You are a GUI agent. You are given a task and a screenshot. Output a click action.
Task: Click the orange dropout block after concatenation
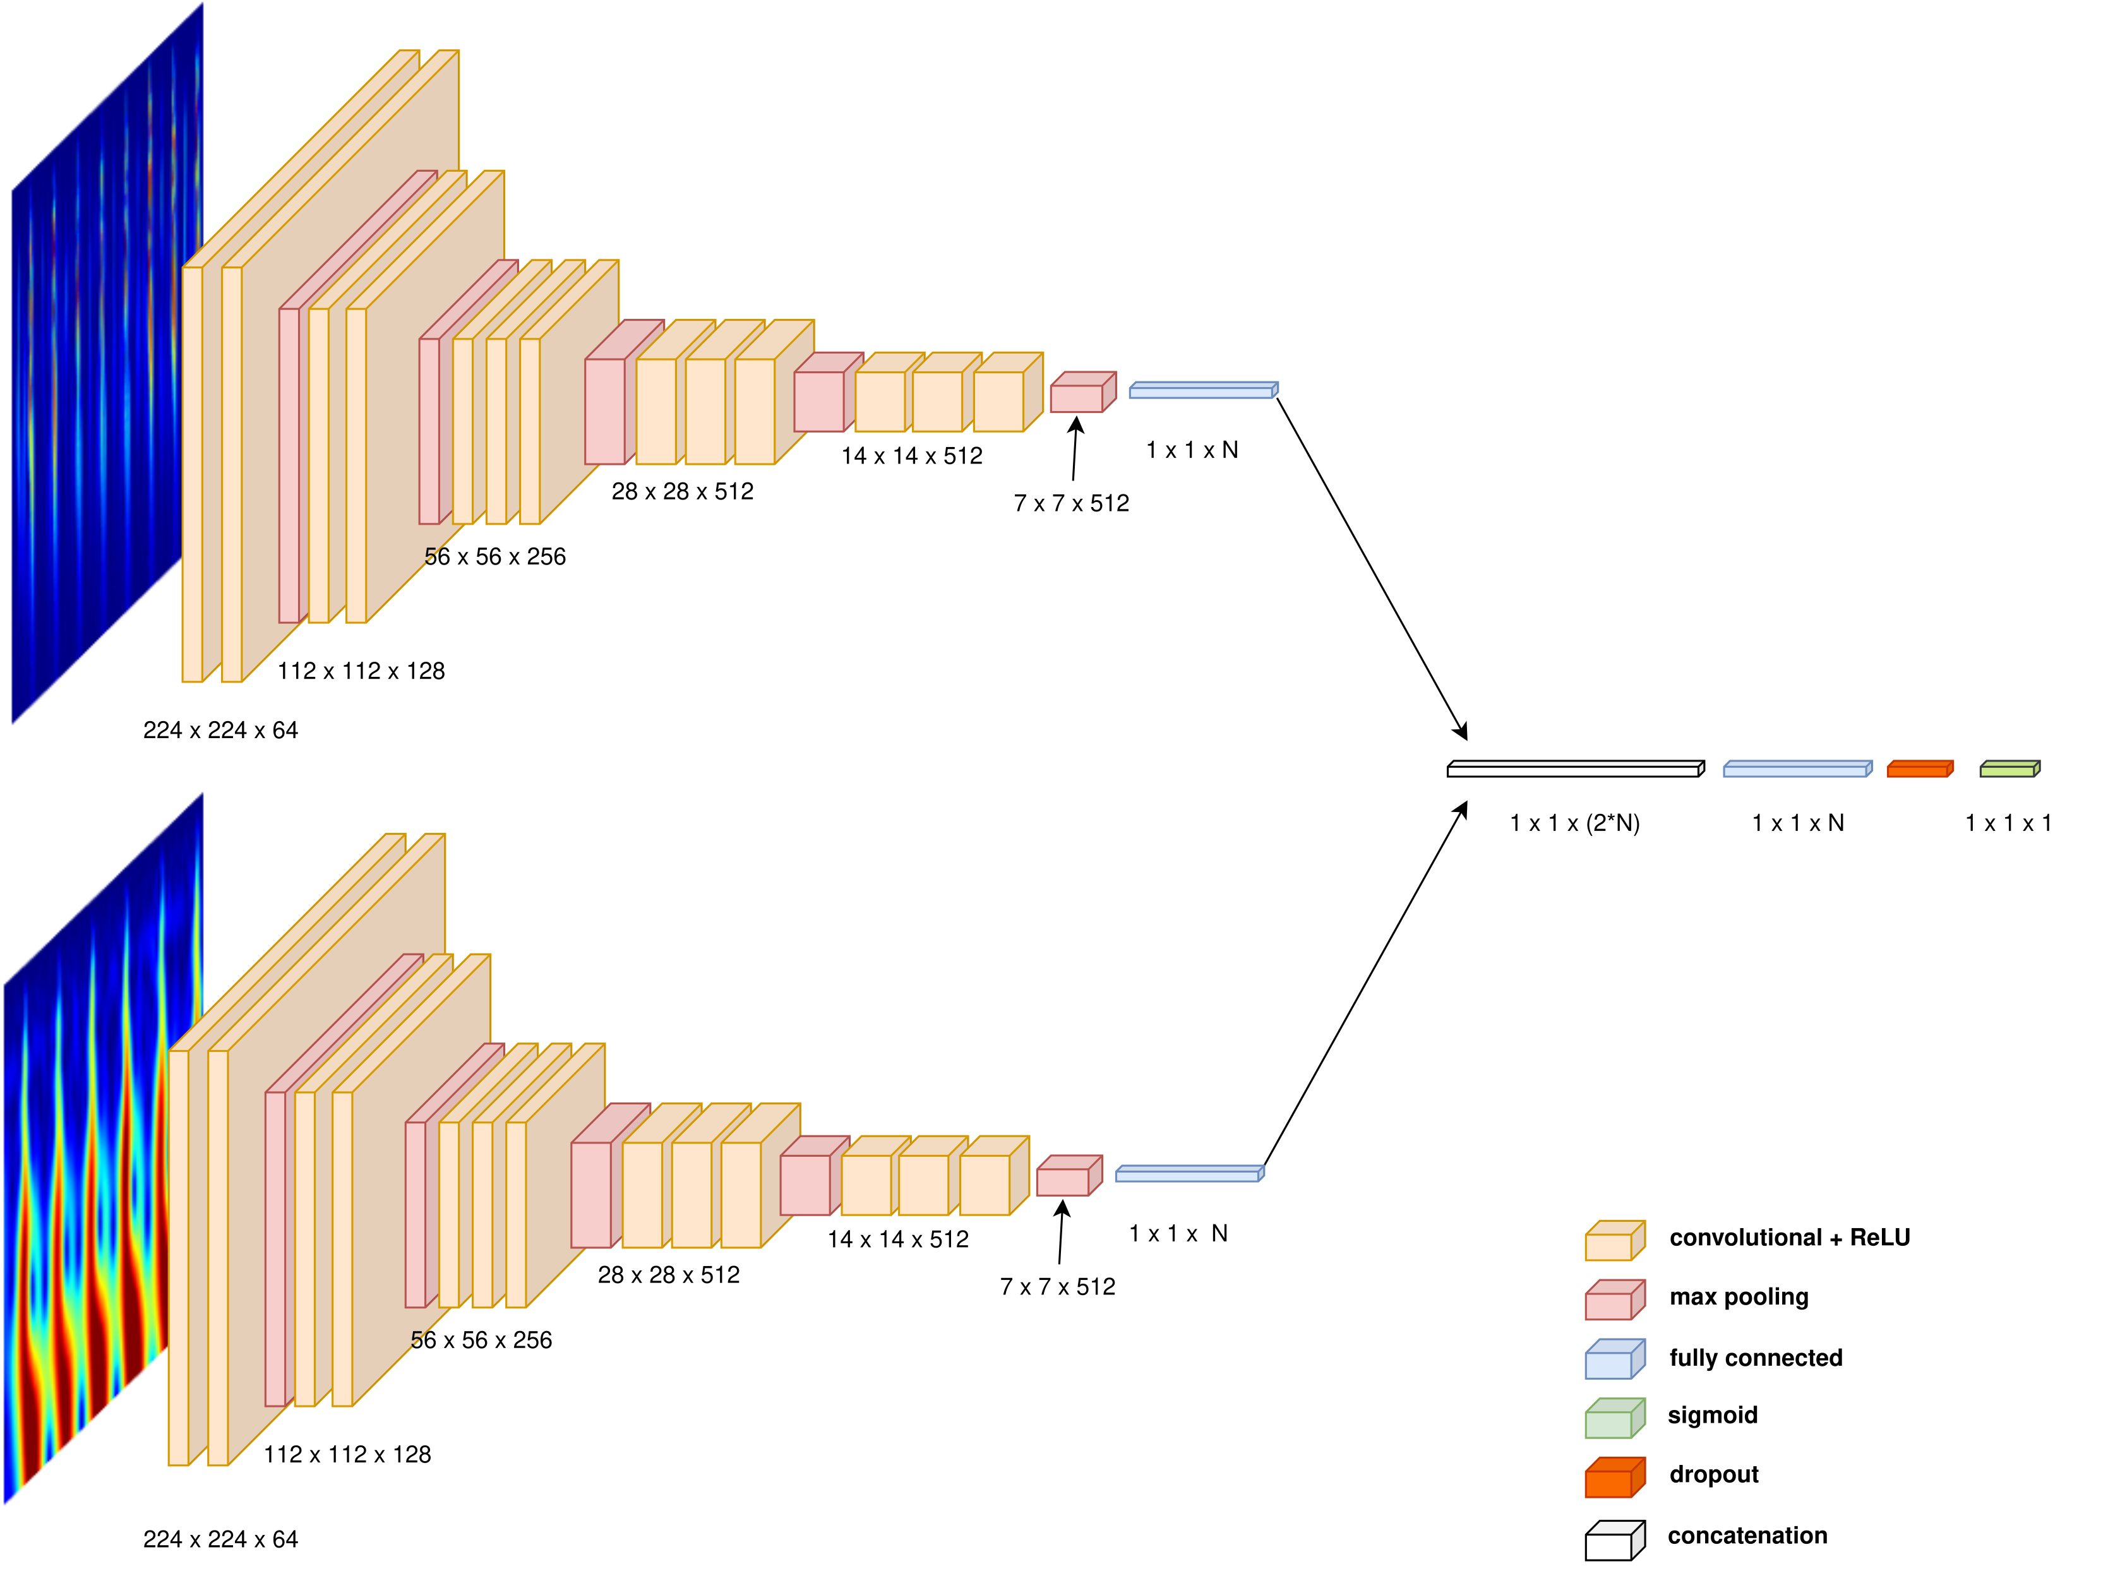(x=1918, y=769)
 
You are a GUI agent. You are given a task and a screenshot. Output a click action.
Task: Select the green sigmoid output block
(x=2008, y=769)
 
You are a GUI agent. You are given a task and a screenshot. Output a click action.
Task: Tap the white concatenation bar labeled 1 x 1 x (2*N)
(x=1574, y=769)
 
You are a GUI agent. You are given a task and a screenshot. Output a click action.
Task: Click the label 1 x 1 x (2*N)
(x=1574, y=823)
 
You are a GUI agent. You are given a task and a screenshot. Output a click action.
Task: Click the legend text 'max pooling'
(x=1738, y=1297)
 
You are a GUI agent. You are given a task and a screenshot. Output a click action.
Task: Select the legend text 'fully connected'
(x=1755, y=1358)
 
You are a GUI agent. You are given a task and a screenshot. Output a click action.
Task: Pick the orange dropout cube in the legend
(x=1614, y=1478)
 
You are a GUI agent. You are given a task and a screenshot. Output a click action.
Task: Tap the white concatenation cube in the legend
(x=1614, y=1539)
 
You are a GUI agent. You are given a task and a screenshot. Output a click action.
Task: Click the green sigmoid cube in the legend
(x=1614, y=1419)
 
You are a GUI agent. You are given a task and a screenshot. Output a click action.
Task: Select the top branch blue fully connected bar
(x=1202, y=391)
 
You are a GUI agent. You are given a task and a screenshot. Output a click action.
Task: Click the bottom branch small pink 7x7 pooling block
(x=1067, y=1177)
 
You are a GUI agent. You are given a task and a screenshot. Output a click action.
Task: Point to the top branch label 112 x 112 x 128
(x=361, y=671)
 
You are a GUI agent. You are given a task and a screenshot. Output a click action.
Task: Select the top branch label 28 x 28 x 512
(x=682, y=492)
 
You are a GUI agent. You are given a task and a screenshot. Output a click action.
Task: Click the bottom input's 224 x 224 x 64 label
(x=220, y=1539)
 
